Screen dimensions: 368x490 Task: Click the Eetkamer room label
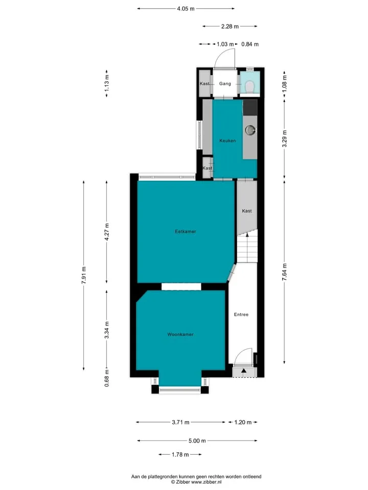click(185, 232)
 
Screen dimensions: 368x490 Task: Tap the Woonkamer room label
click(180, 334)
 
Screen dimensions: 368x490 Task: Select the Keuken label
click(227, 141)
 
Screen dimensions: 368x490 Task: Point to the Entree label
click(241, 314)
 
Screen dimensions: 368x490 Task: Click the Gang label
click(225, 84)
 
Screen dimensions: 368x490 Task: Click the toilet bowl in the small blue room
click(250, 87)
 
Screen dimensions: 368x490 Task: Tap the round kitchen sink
click(250, 130)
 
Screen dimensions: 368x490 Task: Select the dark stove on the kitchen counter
click(250, 107)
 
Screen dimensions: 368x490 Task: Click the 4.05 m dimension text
click(186, 9)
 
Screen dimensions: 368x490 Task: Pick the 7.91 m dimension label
click(84, 275)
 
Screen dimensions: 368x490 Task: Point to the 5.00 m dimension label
click(197, 440)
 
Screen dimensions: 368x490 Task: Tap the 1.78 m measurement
click(180, 454)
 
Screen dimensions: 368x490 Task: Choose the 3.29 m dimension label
click(285, 139)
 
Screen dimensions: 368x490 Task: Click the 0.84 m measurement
click(250, 44)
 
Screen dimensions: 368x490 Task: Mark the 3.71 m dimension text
click(180, 422)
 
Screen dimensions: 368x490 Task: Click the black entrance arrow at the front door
click(244, 371)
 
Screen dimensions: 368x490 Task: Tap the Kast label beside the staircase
click(246, 211)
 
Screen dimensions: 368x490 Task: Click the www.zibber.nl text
click(206, 482)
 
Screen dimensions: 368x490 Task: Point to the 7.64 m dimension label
click(285, 272)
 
